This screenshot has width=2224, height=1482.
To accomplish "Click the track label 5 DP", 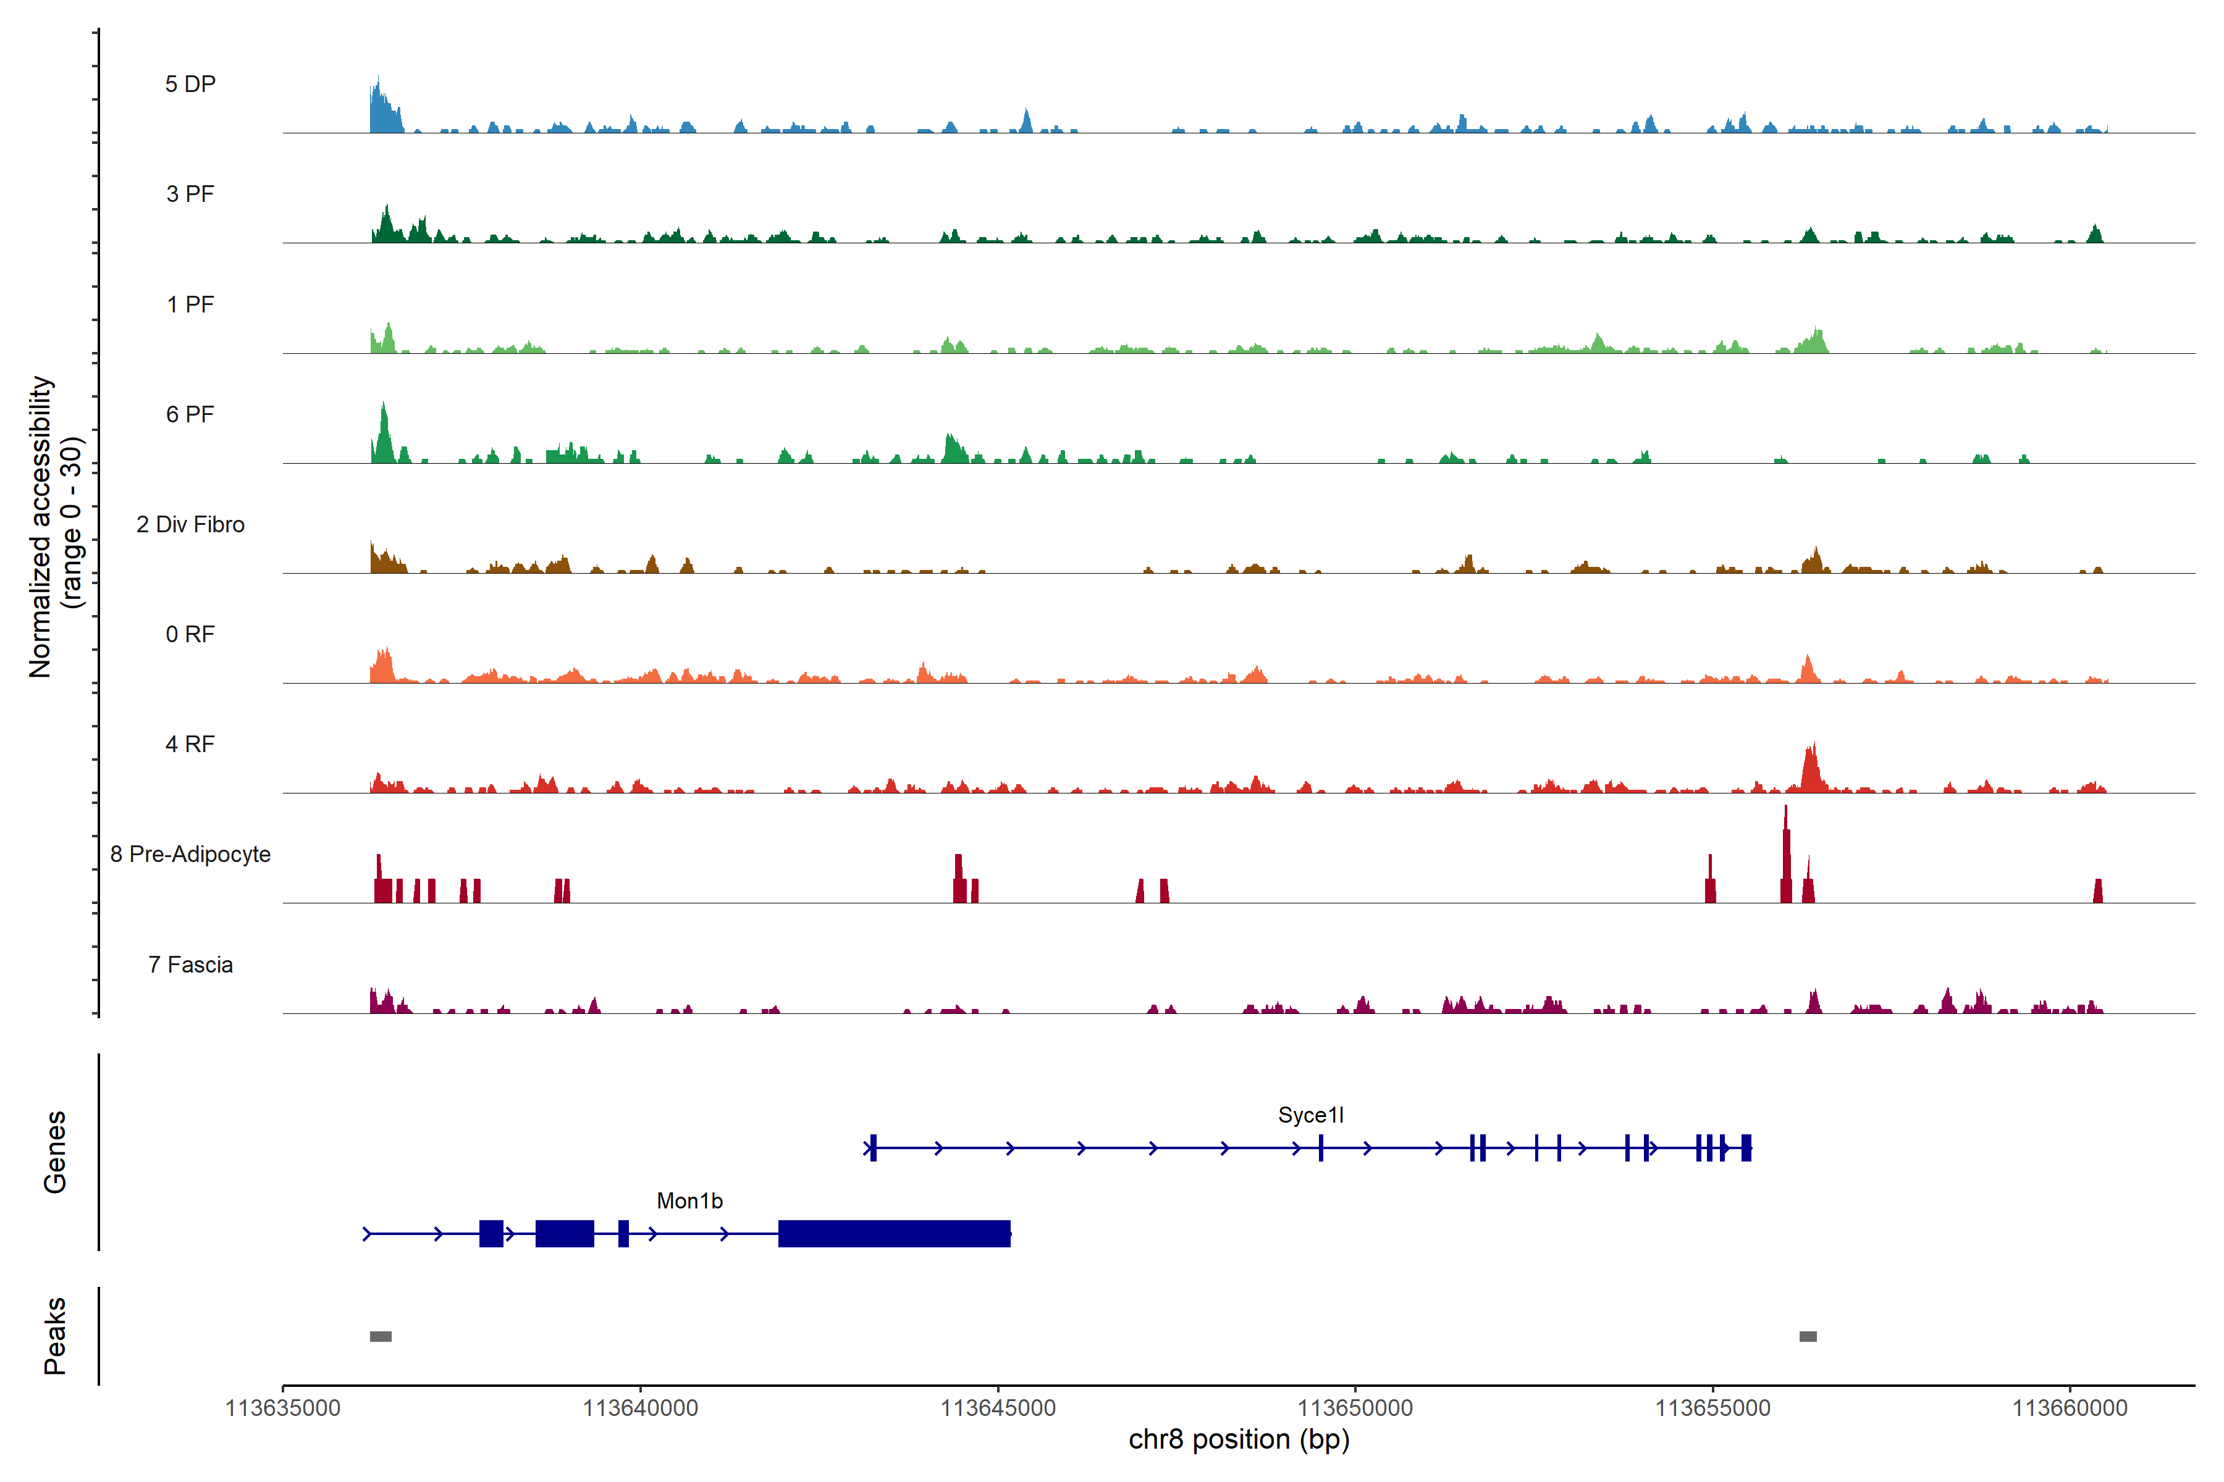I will click(x=190, y=84).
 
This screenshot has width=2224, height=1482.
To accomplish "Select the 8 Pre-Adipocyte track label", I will click(x=190, y=855).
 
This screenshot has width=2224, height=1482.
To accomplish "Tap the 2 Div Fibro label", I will click(x=190, y=524).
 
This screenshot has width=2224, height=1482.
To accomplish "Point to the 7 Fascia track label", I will click(x=190, y=965).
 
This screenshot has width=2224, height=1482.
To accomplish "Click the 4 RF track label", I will click(x=190, y=745).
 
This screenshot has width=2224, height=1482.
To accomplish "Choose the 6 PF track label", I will click(x=190, y=415).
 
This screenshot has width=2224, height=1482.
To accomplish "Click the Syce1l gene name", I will click(x=1310, y=1115).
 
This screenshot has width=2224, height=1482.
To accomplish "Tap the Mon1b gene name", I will click(x=689, y=1201).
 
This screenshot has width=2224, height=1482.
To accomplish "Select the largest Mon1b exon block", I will click(x=893, y=1233).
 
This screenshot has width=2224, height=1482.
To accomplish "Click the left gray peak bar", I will click(x=380, y=1336).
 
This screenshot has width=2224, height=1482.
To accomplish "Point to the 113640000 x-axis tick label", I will click(x=640, y=1409).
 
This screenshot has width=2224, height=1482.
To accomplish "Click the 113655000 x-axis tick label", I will click(x=1712, y=1409).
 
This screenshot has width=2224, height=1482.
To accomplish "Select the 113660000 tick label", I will click(x=2070, y=1409).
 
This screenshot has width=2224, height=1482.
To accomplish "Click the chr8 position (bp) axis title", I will click(x=1239, y=1439).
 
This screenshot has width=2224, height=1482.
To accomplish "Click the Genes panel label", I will click(x=55, y=1152).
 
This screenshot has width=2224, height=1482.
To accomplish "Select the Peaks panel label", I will click(x=55, y=1336).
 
